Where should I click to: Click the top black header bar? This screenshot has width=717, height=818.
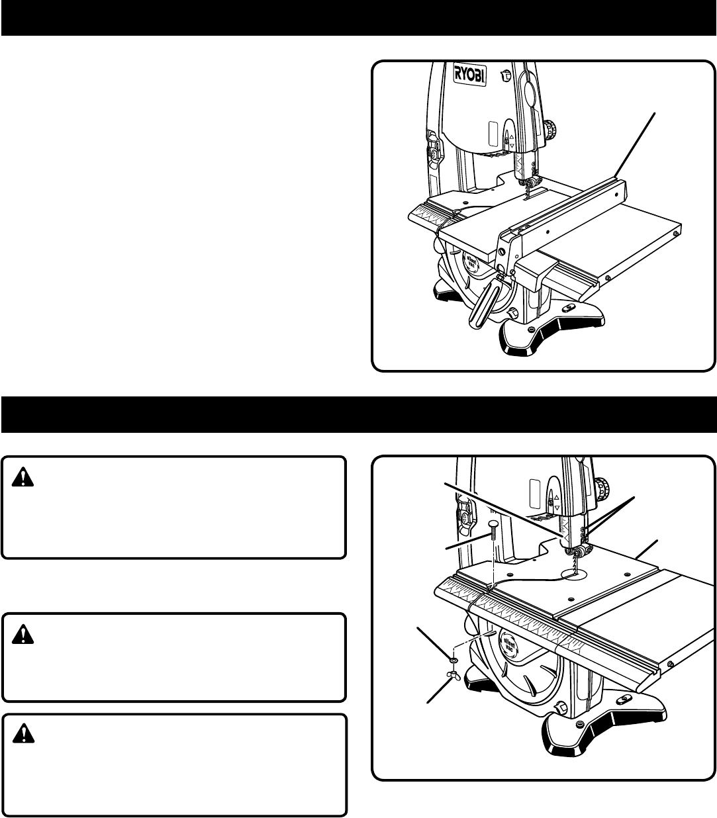(358, 18)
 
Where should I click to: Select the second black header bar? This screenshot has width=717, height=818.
(358, 414)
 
